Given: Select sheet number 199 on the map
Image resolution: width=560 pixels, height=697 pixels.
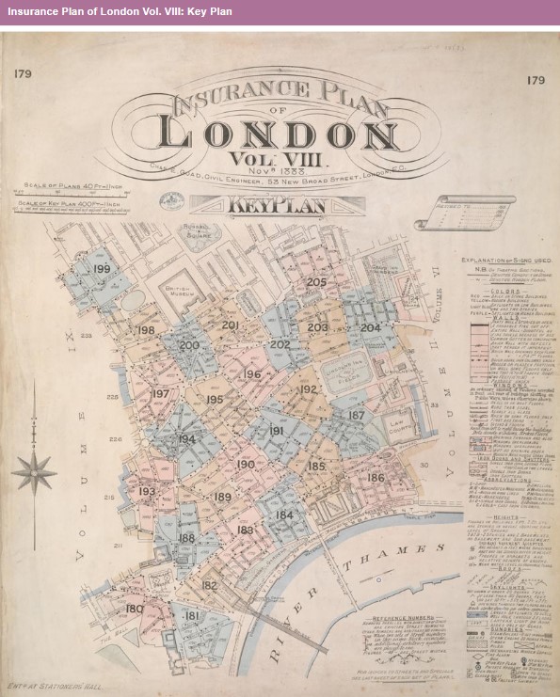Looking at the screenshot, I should click(x=103, y=270).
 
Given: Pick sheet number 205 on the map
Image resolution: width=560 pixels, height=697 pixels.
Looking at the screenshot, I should click(x=316, y=282).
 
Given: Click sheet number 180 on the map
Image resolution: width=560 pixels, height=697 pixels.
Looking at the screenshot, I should click(x=135, y=609).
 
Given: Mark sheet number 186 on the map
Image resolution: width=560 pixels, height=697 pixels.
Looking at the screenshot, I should click(x=376, y=478).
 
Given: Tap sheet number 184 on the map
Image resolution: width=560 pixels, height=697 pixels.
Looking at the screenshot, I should click(x=284, y=515).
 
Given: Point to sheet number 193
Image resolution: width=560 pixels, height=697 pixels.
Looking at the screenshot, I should click(x=147, y=492).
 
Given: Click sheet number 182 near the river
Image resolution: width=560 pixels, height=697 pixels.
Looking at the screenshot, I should click(x=209, y=585).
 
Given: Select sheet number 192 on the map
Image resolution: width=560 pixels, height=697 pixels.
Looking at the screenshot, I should click(x=308, y=388).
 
